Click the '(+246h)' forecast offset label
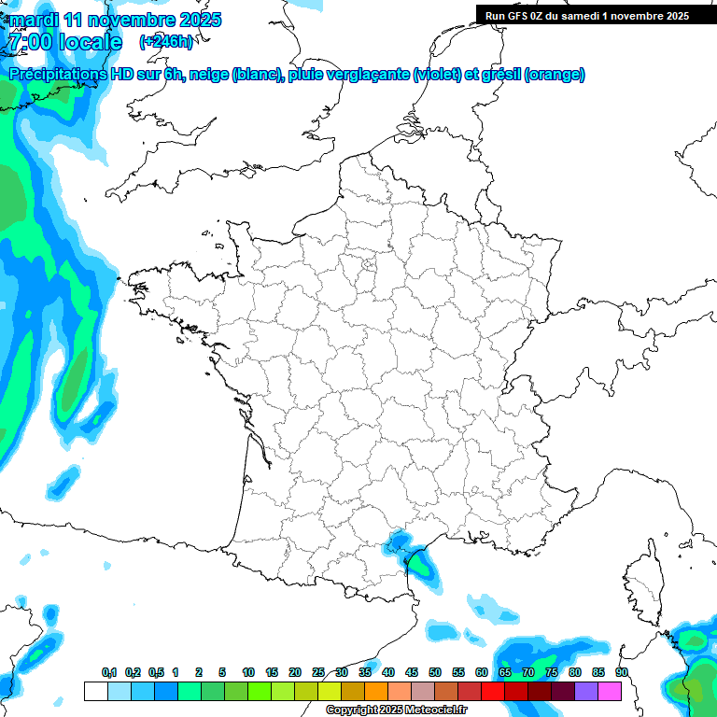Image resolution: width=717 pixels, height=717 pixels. pyautogui.click(x=165, y=41)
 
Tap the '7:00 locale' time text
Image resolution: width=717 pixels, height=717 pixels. pyautogui.click(x=64, y=42)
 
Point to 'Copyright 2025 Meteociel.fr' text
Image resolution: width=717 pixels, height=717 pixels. pyautogui.click(x=396, y=710)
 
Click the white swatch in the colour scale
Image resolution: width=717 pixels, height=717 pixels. pyautogui.click(x=95, y=692)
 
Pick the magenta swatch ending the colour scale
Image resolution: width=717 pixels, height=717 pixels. pyautogui.click(x=610, y=692)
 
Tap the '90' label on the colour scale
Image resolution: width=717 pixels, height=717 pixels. pyautogui.click(x=621, y=672)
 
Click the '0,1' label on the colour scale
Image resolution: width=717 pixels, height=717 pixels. pyautogui.click(x=109, y=672)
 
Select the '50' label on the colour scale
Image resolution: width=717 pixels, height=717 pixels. pyautogui.click(x=435, y=672)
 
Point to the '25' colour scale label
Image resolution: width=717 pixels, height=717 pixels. pyautogui.click(x=318, y=672)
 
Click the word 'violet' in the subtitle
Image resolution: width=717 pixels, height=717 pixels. pyautogui.click(x=438, y=75)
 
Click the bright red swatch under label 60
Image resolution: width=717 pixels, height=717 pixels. pyautogui.click(x=493, y=692)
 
